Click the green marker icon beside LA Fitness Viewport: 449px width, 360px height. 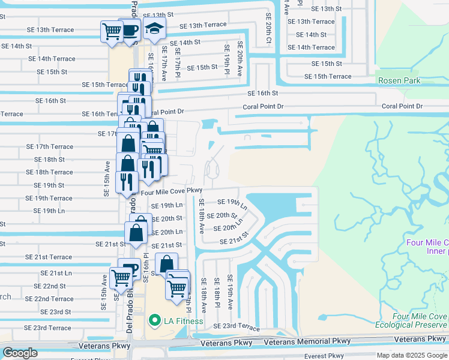(154, 321)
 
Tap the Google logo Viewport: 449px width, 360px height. (20, 353)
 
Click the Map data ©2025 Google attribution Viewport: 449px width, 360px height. (412, 355)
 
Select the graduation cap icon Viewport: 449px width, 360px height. (154, 29)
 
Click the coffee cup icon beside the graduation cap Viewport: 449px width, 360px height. (130, 30)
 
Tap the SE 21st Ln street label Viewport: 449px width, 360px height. (56, 273)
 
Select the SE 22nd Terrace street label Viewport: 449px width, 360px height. (49, 299)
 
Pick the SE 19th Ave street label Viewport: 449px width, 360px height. (230, 289)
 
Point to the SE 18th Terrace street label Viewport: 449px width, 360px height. (49, 172)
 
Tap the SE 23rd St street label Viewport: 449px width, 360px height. (56, 312)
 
